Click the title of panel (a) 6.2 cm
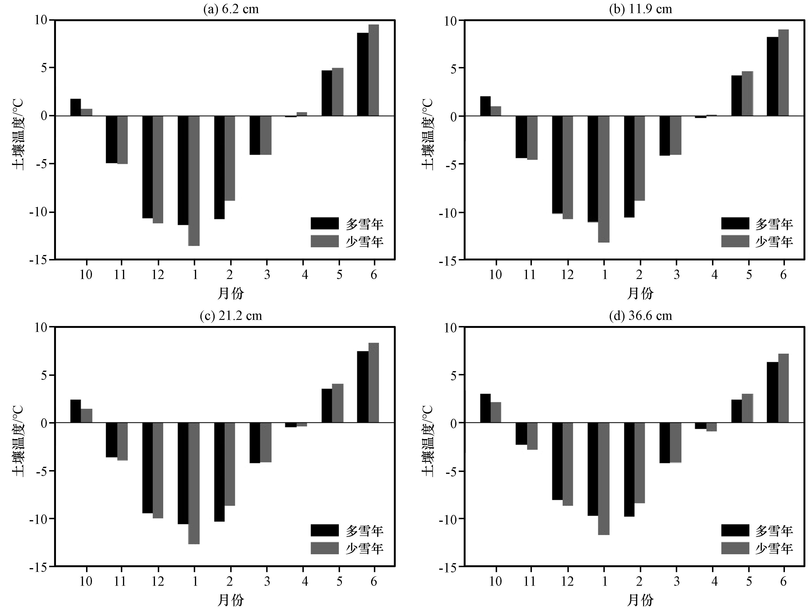231,9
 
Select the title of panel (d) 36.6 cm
641,315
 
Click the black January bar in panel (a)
183,170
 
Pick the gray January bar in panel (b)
603,179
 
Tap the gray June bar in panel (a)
374,70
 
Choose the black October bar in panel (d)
485,408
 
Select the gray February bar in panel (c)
229,464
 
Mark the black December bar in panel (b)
557,165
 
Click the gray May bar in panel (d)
747,408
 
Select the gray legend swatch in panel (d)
735,548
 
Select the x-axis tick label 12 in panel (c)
158,581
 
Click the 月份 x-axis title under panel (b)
640,293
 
